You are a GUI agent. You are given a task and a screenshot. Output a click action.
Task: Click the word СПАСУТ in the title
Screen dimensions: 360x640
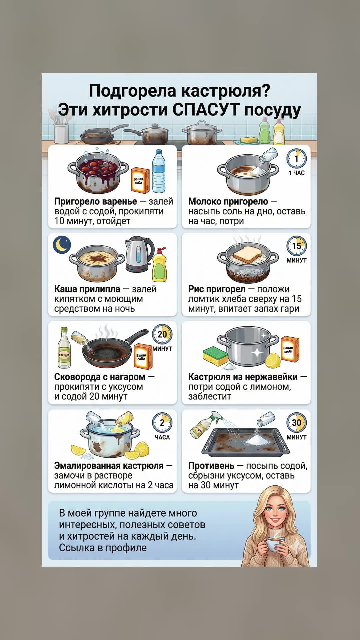206,109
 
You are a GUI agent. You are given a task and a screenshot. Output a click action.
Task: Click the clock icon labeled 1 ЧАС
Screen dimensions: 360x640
297,158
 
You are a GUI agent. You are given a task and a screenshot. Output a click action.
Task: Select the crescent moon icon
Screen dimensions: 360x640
62,244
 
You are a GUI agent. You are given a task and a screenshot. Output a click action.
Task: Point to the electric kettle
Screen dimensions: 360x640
139,254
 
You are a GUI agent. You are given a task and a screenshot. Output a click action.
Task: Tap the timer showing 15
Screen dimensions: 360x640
297,246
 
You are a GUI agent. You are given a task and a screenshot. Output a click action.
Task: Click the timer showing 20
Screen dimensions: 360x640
162,334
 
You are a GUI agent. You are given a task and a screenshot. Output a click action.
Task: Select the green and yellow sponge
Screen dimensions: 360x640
215,355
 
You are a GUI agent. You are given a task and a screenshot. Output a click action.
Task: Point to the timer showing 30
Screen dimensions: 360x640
297,423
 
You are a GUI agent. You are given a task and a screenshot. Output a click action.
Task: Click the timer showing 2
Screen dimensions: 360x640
162,423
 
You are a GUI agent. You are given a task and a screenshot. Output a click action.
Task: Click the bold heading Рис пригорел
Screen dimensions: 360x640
217,289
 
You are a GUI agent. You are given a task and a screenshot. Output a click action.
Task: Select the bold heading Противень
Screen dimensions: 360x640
211,465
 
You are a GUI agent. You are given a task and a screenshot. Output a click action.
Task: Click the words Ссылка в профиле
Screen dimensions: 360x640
103,548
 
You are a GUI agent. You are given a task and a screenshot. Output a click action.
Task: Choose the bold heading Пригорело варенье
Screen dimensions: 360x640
96,201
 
